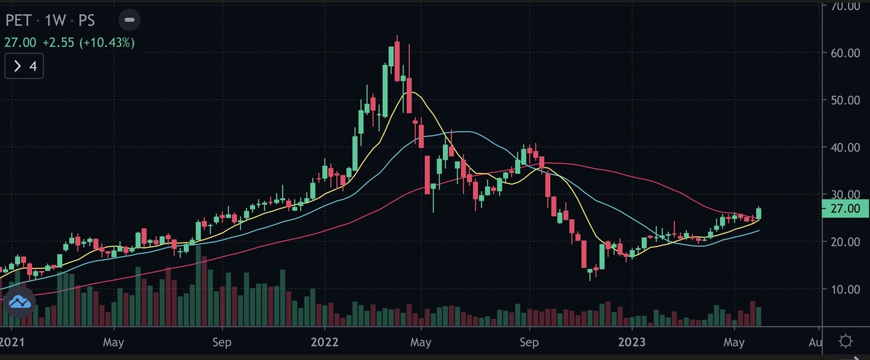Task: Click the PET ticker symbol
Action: (19, 20)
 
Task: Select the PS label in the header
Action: (86, 20)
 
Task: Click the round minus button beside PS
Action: (130, 20)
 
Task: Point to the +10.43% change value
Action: (107, 43)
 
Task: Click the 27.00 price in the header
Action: (20, 43)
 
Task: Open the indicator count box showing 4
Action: (24, 66)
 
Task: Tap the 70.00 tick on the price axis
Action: (845, 7)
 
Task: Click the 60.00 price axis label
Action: (845, 53)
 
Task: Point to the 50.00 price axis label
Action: (845, 100)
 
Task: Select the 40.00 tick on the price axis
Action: (845, 147)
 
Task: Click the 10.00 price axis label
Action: (845, 289)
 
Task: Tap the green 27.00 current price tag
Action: (844, 209)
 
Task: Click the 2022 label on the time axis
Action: (323, 343)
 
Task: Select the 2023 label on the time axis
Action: (631, 343)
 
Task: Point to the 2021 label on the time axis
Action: (12, 343)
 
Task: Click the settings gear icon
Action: (845, 342)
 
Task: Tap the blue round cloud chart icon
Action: (20, 303)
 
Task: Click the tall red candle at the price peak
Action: (397, 60)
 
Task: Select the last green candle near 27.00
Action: (759, 213)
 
